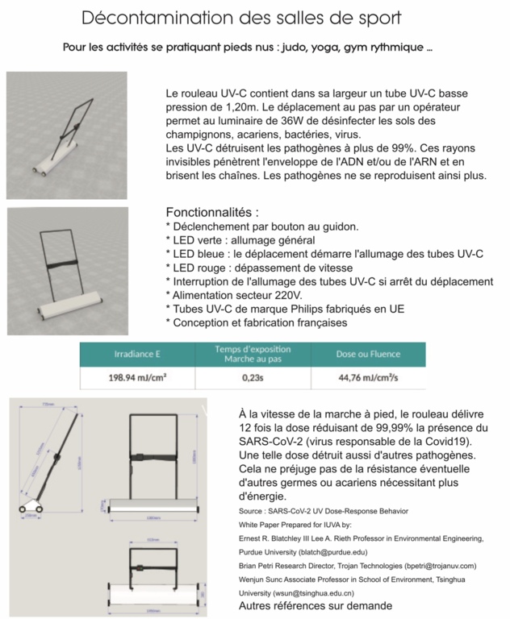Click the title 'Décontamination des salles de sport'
point(241,17)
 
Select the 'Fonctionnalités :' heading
point(211,213)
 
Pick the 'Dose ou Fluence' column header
point(368,354)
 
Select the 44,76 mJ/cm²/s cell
point(368,376)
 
